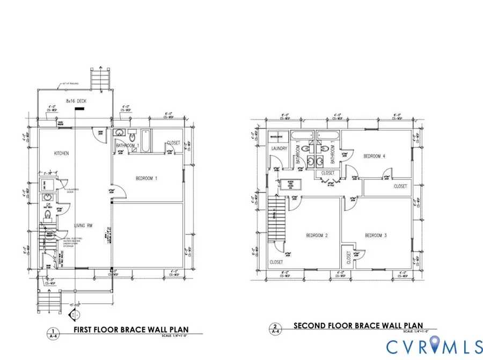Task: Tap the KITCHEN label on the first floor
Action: (61, 153)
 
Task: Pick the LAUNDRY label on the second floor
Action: (280, 149)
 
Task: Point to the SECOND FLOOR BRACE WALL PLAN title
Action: (357, 326)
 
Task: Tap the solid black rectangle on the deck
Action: (79, 108)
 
